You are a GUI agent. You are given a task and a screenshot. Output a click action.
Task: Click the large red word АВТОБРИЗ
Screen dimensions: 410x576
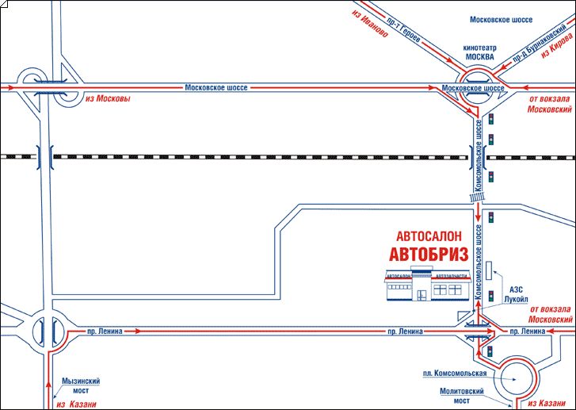[426, 254]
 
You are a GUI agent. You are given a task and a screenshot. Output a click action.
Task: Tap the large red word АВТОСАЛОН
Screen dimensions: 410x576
[430, 236]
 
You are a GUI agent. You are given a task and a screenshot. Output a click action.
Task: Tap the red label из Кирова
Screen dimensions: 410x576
[555, 47]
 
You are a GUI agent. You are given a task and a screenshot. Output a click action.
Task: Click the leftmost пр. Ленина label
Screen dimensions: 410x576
[106, 331]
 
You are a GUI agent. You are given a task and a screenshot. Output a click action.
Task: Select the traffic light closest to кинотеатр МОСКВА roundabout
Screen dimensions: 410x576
[492, 120]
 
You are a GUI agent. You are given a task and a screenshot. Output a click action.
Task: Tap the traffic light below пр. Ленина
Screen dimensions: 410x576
[491, 351]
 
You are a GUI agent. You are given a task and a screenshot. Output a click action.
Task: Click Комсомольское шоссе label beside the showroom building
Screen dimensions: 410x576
[478, 261]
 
